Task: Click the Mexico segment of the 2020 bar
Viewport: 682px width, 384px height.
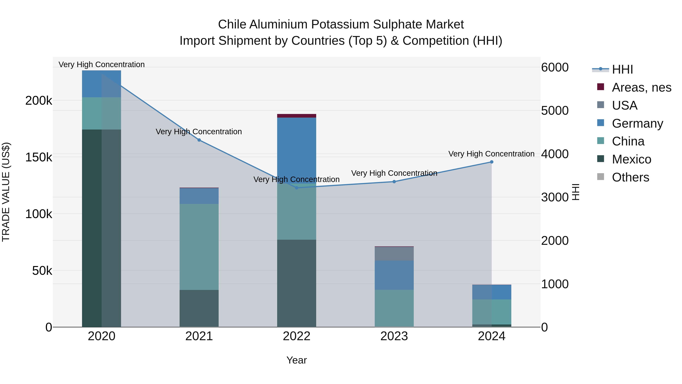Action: pyautogui.click(x=101, y=228)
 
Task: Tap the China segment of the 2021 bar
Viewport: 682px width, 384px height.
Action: pyautogui.click(x=199, y=247)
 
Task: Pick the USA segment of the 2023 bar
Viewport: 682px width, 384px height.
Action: pyautogui.click(x=394, y=254)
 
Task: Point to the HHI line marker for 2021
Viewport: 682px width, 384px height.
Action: pyautogui.click(x=199, y=140)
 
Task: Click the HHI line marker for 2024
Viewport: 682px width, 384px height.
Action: pyautogui.click(x=492, y=162)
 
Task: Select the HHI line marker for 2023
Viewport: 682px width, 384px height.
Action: pyautogui.click(x=394, y=181)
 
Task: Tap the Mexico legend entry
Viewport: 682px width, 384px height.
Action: pyautogui.click(x=631, y=159)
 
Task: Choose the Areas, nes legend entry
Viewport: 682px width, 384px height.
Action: pyautogui.click(x=641, y=87)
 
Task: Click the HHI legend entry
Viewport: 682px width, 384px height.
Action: pyautogui.click(x=622, y=69)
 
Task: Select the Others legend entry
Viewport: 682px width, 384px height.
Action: pyautogui.click(x=630, y=177)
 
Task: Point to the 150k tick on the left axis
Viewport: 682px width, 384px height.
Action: pyautogui.click(x=39, y=157)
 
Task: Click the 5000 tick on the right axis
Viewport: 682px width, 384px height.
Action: pyautogui.click(x=555, y=111)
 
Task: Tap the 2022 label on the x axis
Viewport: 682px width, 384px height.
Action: pyautogui.click(x=296, y=336)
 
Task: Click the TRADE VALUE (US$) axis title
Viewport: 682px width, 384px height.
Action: pyautogui.click(x=6, y=192)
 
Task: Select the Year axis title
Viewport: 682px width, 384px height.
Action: pyautogui.click(x=296, y=360)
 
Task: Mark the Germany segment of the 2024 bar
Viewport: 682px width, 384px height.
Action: pyautogui.click(x=492, y=292)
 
